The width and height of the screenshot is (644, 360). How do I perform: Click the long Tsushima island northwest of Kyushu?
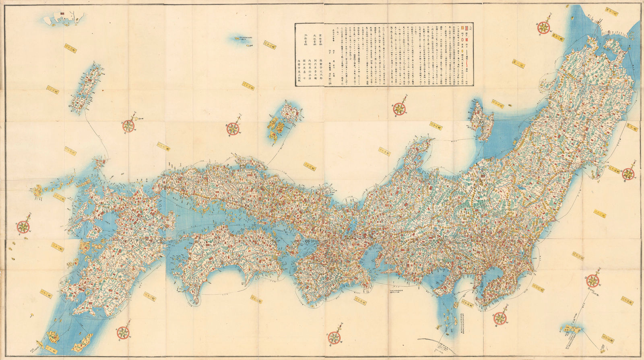(x=86, y=89)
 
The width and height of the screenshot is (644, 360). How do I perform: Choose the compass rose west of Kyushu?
(x=23, y=226)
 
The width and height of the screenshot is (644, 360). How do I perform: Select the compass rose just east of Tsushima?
(x=128, y=126)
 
